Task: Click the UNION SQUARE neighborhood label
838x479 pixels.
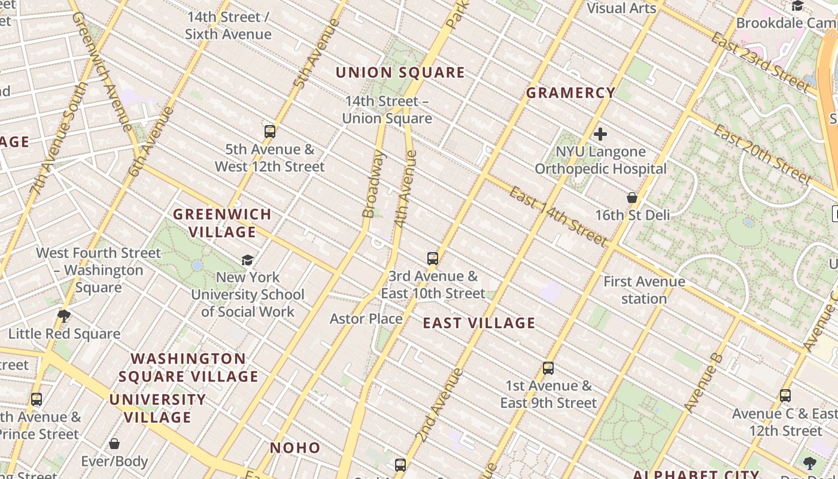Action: tap(400, 72)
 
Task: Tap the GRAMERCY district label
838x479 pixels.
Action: tap(570, 93)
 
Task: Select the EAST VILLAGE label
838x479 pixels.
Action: tap(479, 323)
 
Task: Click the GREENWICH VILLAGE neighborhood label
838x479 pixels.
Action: tap(222, 223)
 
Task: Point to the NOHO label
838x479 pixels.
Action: tap(295, 448)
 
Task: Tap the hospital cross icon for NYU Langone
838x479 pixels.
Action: tap(600, 134)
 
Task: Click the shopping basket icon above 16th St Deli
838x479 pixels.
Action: tap(631, 198)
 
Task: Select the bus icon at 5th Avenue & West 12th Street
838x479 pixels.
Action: tap(270, 132)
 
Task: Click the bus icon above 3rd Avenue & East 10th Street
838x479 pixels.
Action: tap(433, 259)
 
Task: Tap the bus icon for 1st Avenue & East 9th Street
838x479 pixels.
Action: tap(548, 368)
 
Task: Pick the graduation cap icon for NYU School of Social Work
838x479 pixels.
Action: tap(247, 260)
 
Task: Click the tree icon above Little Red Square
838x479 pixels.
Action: tap(64, 316)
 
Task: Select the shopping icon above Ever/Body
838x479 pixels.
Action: tap(114, 444)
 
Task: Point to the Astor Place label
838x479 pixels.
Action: tap(366, 319)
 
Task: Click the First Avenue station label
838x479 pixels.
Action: tap(644, 290)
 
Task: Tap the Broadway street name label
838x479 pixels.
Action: tap(374, 184)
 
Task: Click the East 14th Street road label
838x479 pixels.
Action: tap(558, 216)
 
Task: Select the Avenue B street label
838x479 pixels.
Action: tap(703, 384)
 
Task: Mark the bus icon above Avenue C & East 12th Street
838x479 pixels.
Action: tap(785, 396)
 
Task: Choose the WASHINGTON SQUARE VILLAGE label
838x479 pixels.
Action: tap(189, 368)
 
